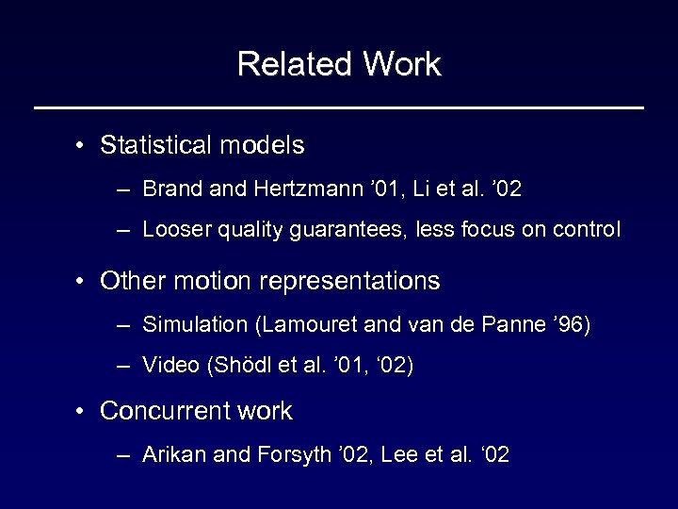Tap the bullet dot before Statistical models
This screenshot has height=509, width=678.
(x=83, y=146)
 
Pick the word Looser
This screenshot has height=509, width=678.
(x=173, y=230)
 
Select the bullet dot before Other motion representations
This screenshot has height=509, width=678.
(x=83, y=282)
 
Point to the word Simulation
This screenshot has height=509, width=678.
(x=194, y=325)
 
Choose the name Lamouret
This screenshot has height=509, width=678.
(x=307, y=325)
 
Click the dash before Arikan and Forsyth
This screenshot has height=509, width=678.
(x=124, y=456)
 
